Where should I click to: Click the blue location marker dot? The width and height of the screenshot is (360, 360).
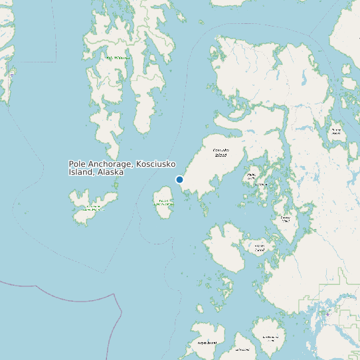point(179,179)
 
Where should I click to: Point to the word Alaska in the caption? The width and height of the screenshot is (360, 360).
point(110,172)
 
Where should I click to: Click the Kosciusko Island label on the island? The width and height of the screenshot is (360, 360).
point(221,153)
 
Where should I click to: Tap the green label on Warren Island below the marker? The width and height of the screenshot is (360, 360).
point(162,202)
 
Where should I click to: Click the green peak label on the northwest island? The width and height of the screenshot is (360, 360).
point(119,58)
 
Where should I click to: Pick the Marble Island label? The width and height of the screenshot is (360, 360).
point(251,176)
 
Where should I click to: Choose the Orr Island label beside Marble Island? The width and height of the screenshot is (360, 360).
point(264,184)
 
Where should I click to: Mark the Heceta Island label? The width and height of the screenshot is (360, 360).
point(258,248)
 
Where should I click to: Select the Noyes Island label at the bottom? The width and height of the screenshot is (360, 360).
point(207,343)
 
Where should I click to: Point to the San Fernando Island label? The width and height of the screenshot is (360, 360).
point(270,338)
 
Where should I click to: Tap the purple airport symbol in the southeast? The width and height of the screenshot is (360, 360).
point(327,313)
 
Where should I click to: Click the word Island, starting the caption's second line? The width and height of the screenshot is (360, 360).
point(81,172)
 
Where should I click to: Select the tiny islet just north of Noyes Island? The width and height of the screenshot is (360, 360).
point(200,308)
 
